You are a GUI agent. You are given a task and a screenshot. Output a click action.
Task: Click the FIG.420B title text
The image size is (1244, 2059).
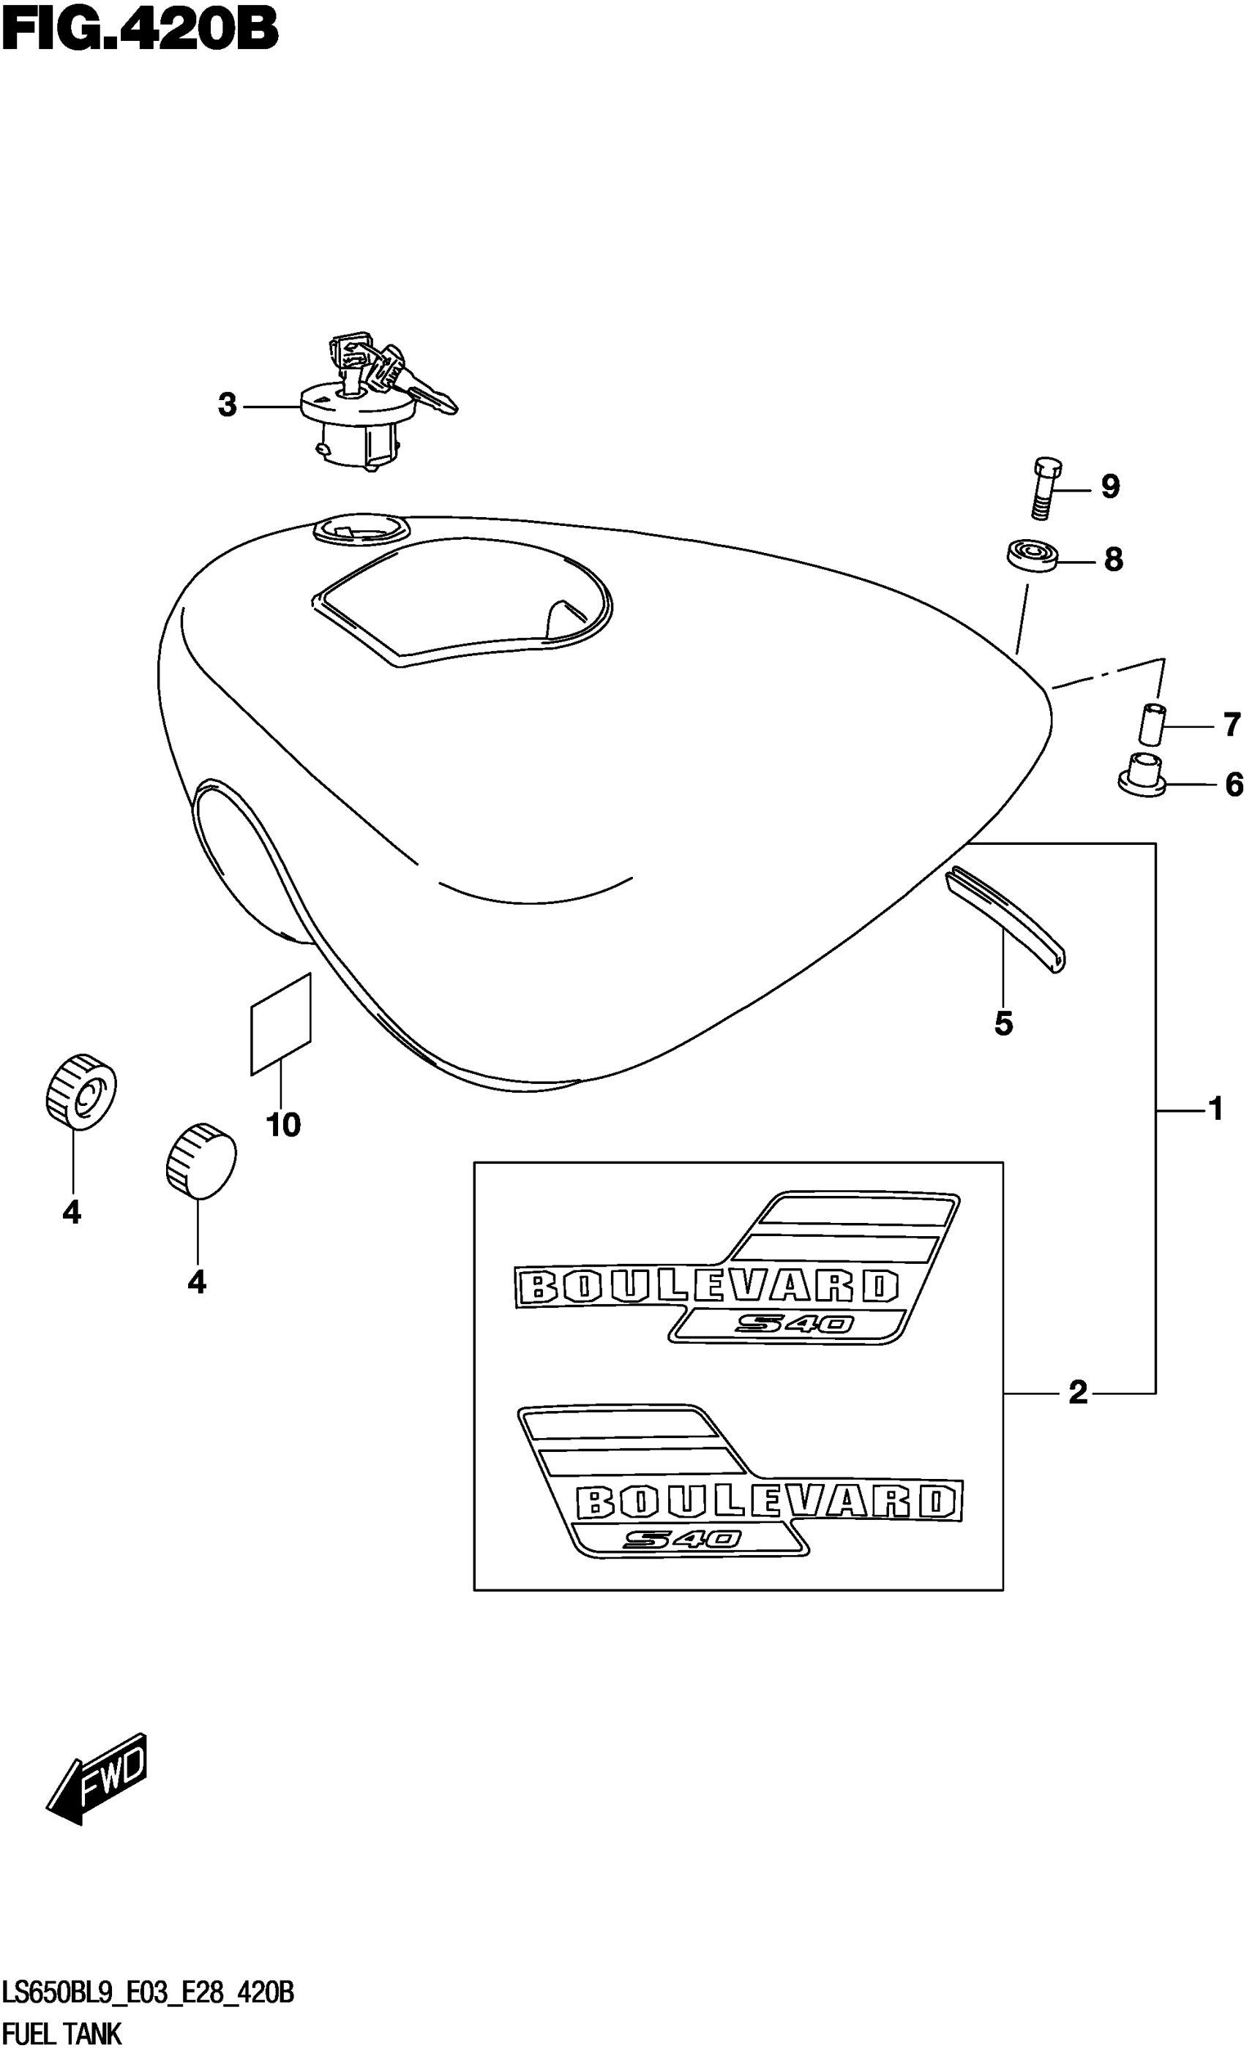(x=140, y=31)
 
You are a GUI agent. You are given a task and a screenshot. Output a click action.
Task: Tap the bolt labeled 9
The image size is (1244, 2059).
(x=1045, y=488)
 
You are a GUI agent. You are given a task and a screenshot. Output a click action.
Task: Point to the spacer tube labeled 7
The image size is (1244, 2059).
(x=1151, y=723)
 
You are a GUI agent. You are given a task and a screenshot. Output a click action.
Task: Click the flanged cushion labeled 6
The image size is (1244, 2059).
(x=1143, y=775)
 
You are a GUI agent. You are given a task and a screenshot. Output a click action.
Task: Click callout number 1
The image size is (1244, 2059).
(x=1215, y=1110)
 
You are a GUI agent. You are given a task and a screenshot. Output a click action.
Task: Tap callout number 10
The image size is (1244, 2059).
(x=282, y=1126)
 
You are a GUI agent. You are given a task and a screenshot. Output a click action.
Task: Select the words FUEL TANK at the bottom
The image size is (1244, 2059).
(x=63, y=2034)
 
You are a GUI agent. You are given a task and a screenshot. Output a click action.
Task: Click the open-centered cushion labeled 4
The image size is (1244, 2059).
(x=80, y=1092)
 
